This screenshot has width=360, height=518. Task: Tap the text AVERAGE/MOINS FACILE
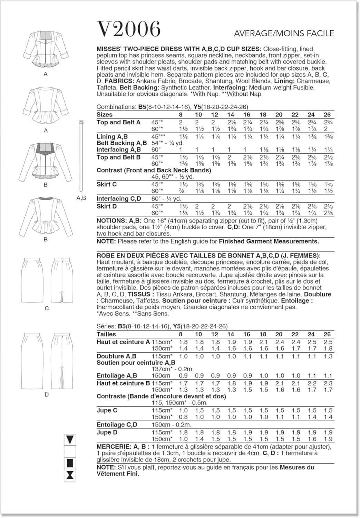[284, 33]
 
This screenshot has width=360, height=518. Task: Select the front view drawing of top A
[46, 51]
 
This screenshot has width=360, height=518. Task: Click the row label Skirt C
[107, 184]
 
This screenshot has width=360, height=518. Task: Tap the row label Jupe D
[107, 432]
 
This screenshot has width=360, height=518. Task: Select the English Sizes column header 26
[327, 115]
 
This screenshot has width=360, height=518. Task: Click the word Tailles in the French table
[106, 334]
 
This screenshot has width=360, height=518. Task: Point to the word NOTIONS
[111, 221]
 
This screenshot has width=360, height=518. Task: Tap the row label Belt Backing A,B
[121, 143]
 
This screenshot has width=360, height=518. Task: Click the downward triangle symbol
[70, 440]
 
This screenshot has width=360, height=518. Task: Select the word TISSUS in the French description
[139, 295]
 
